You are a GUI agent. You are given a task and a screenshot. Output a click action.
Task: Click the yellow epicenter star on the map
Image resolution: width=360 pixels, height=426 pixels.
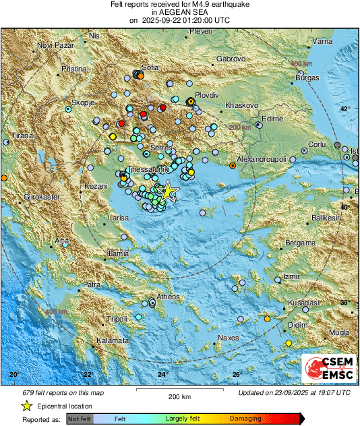click(x=169, y=191)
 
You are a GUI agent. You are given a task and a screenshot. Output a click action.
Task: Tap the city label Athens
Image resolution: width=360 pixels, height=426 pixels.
click(x=168, y=297)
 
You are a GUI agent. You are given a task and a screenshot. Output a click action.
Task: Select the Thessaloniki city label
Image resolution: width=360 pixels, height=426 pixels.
click(x=132, y=169)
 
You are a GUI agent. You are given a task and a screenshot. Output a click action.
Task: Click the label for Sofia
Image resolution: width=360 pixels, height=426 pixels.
click(x=150, y=67)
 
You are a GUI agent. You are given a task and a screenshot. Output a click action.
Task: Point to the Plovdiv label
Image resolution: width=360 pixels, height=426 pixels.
click(x=207, y=96)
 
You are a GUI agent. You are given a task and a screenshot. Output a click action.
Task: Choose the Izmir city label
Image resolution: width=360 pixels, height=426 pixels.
click(x=291, y=277)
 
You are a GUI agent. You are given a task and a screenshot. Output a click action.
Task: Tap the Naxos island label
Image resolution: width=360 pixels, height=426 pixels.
click(x=229, y=338)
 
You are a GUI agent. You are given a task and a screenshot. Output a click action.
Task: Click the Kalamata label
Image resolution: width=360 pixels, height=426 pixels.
click(x=113, y=341)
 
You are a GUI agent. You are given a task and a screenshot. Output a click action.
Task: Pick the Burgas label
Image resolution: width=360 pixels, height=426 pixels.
click(x=307, y=78)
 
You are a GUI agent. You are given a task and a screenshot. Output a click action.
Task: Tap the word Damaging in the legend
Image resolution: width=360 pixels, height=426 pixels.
click(x=245, y=419)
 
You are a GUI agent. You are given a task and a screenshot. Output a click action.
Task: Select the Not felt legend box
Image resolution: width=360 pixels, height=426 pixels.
click(x=79, y=419)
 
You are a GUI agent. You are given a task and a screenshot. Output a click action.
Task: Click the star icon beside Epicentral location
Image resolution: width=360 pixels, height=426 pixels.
click(x=26, y=406)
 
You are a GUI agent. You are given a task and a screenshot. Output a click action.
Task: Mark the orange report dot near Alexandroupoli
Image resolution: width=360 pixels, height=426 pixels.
click(x=233, y=165)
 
